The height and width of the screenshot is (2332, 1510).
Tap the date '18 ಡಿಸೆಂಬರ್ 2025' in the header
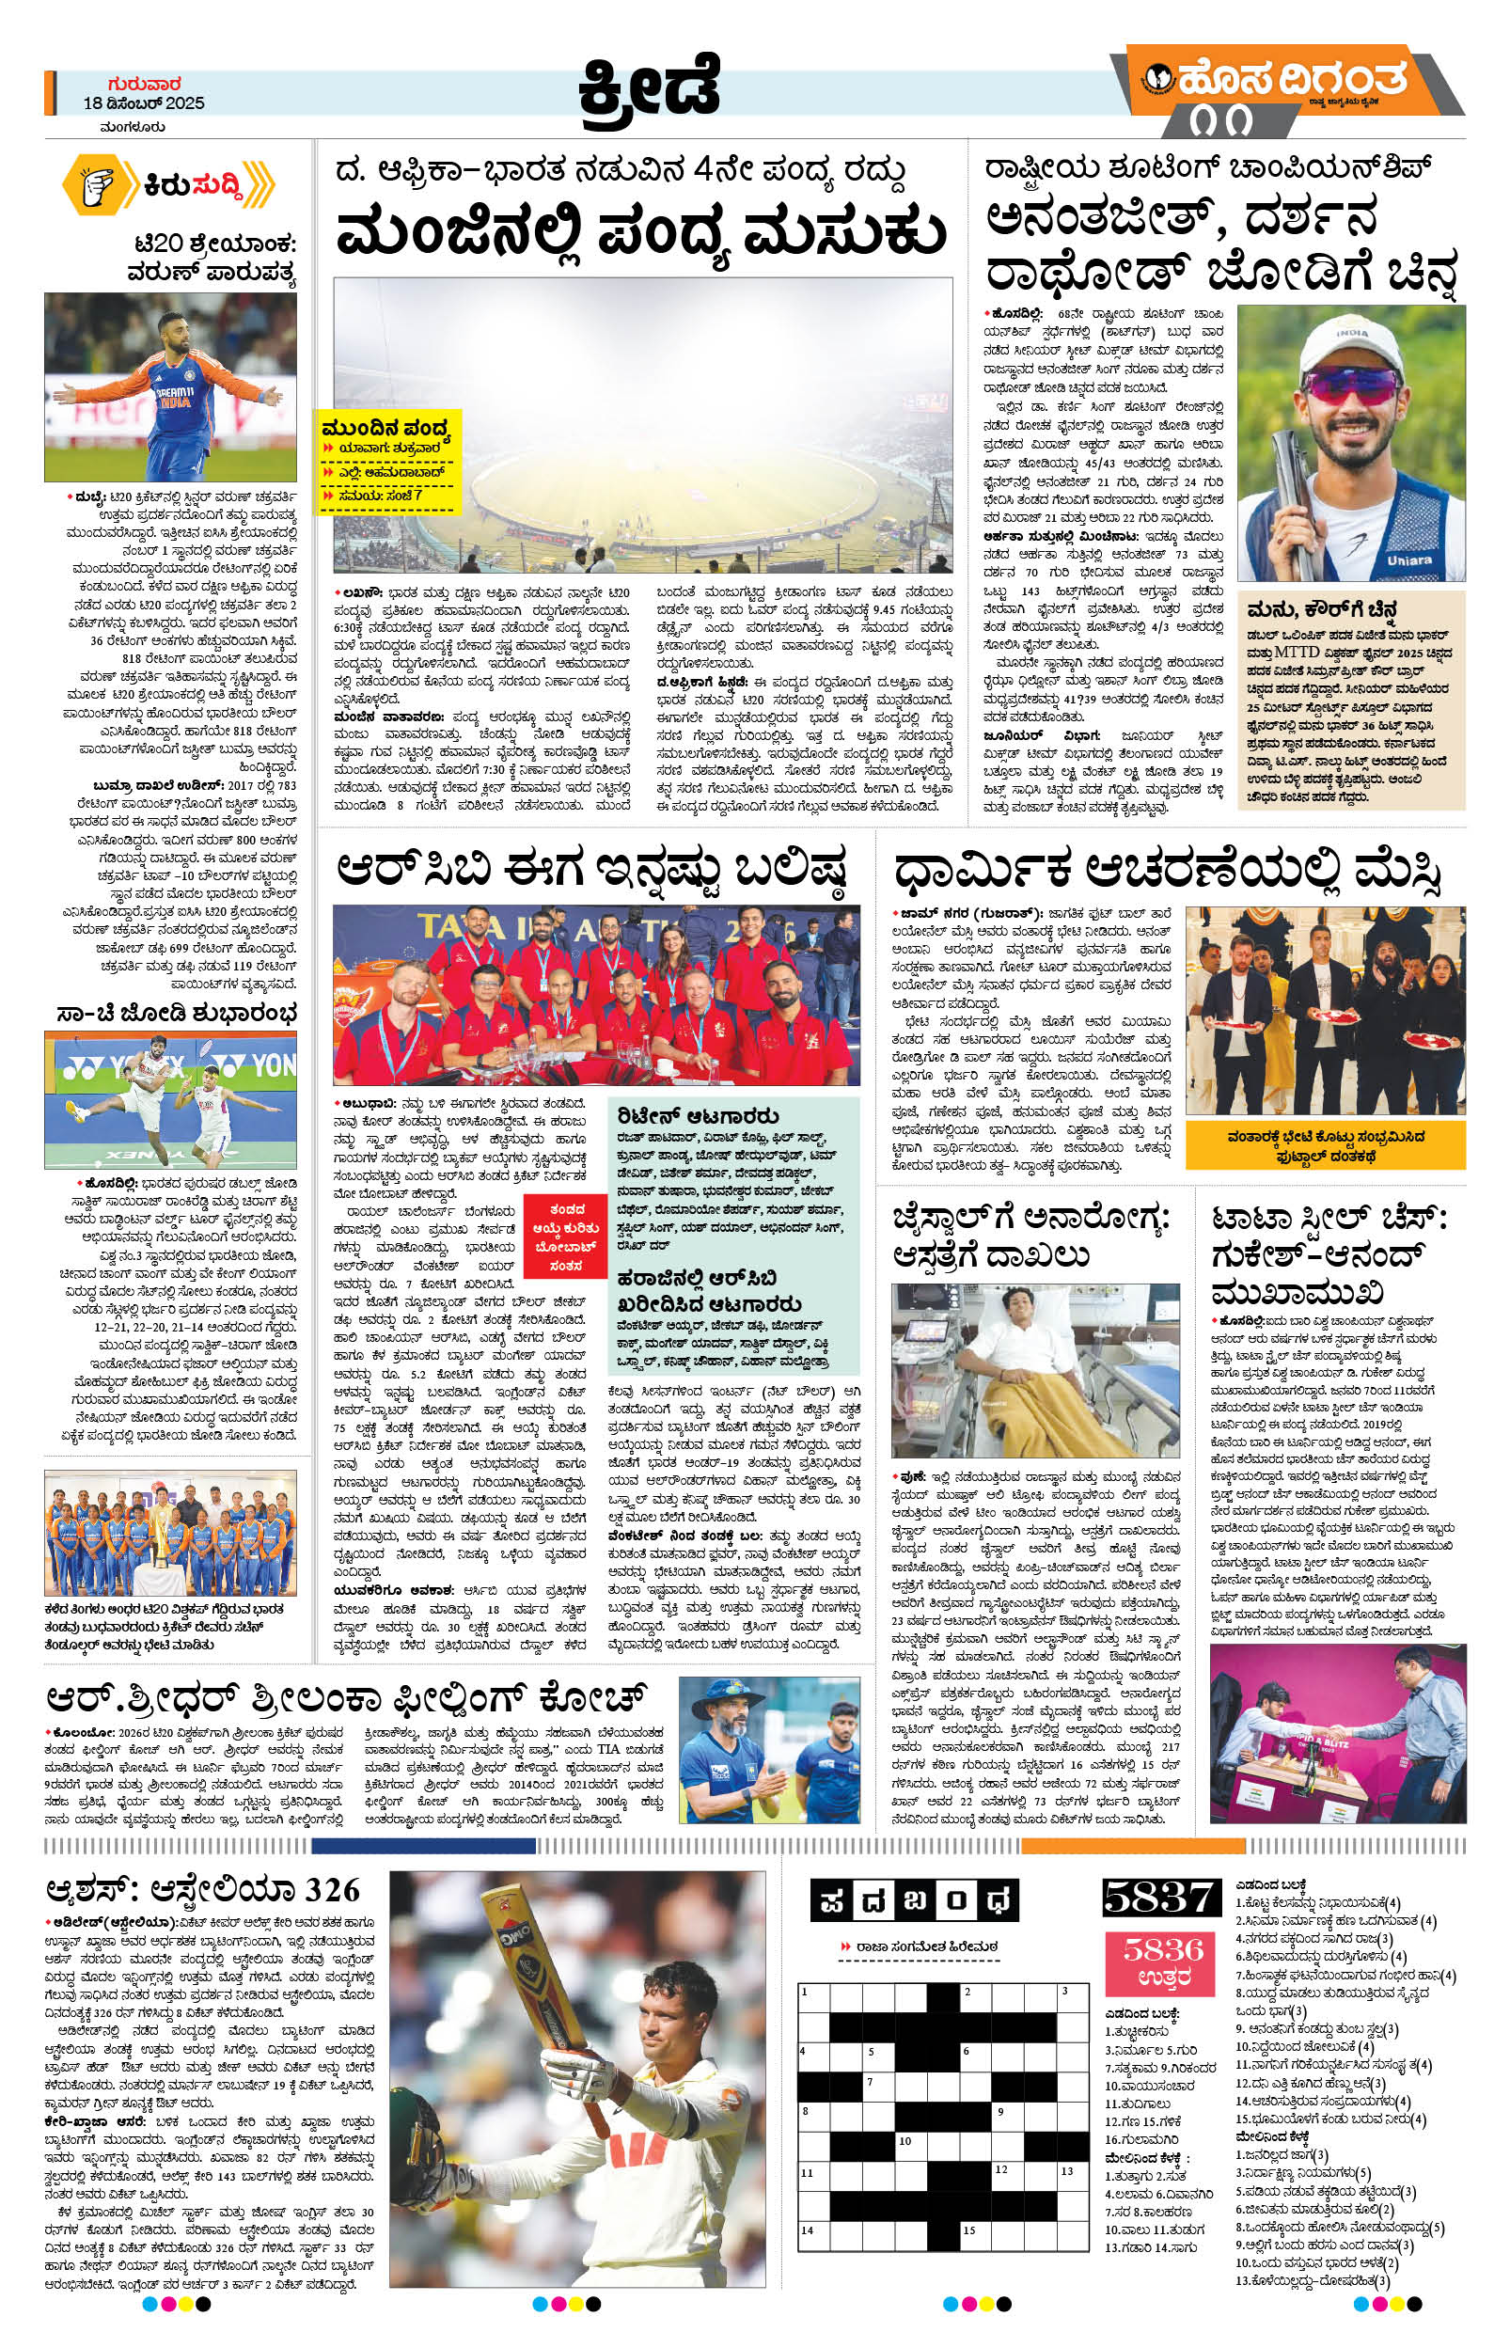point(144,103)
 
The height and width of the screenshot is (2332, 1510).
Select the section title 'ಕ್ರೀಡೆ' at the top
point(648,87)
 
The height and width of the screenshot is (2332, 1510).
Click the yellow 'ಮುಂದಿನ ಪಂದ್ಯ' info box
point(389,462)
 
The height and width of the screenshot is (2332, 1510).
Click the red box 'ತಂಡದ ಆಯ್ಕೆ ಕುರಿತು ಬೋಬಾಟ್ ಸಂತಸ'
point(566,1237)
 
